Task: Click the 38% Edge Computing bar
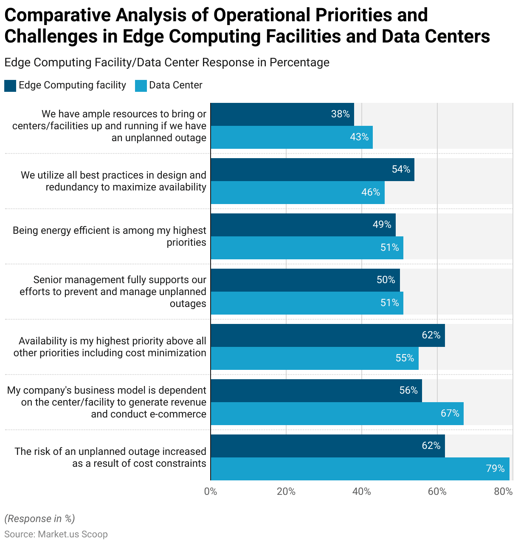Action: pos(282,114)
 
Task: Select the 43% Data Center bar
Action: pos(291,137)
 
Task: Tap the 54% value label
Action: pos(401,170)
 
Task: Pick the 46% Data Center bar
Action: pos(297,193)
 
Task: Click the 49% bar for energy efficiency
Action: pos(303,225)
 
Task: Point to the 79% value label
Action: pos(495,469)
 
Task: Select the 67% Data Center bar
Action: pos(337,414)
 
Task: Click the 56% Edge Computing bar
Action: pos(316,391)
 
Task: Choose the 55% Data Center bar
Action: pos(314,358)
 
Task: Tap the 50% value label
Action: pos(386,280)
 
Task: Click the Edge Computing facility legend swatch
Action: pos(10,86)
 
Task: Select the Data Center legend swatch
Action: pos(141,86)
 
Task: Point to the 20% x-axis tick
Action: pos(286,492)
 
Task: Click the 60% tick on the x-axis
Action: pos(437,492)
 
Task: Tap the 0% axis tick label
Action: pos(211,492)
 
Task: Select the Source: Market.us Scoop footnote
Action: pos(56,534)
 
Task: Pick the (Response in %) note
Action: pos(39,519)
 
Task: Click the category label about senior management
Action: pos(113,292)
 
